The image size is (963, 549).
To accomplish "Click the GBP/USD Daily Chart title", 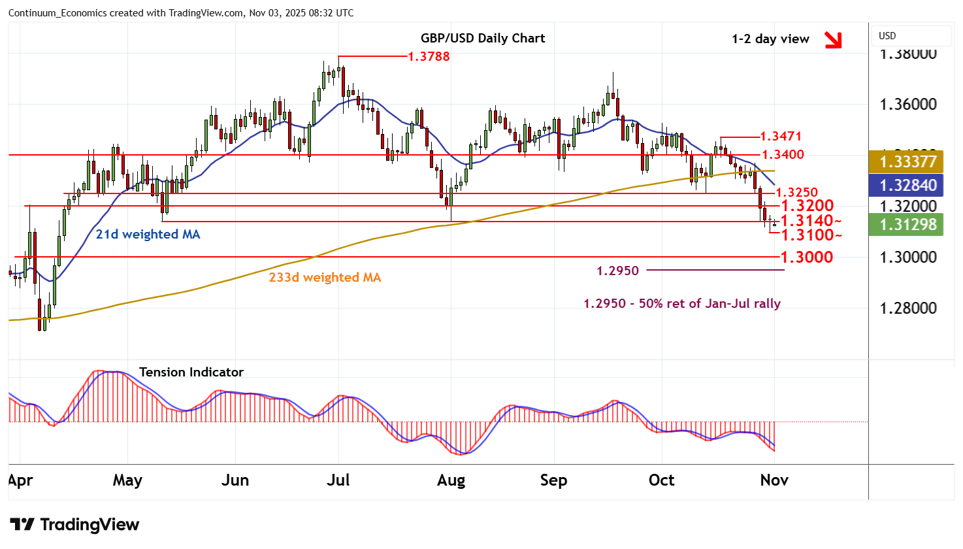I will click(x=482, y=38).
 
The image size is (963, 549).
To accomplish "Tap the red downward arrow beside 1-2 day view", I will click(x=832, y=40).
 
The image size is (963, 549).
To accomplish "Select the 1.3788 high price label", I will click(x=429, y=56).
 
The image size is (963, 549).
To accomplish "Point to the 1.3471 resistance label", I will click(x=781, y=137).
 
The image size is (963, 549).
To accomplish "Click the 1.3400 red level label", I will click(x=782, y=155).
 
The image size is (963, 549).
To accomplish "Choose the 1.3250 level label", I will click(x=796, y=192).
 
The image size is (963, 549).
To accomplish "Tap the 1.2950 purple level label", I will click(x=617, y=271).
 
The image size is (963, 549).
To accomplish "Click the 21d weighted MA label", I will click(x=148, y=234).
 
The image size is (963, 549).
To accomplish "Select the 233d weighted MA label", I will click(x=325, y=277).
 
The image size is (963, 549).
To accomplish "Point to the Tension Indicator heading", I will click(x=191, y=372).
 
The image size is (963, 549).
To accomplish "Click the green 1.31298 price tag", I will click(x=907, y=224).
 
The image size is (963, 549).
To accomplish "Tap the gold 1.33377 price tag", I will click(x=907, y=161).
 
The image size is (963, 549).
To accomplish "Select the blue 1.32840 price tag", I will click(x=907, y=185).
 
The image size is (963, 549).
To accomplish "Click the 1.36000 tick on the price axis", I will click(x=907, y=105).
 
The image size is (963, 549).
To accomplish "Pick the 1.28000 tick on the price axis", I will click(x=907, y=308).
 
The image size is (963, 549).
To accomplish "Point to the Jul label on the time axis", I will click(x=338, y=480).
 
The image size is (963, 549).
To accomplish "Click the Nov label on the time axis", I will click(x=774, y=480).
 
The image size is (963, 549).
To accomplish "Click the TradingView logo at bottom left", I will click(x=74, y=525).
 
